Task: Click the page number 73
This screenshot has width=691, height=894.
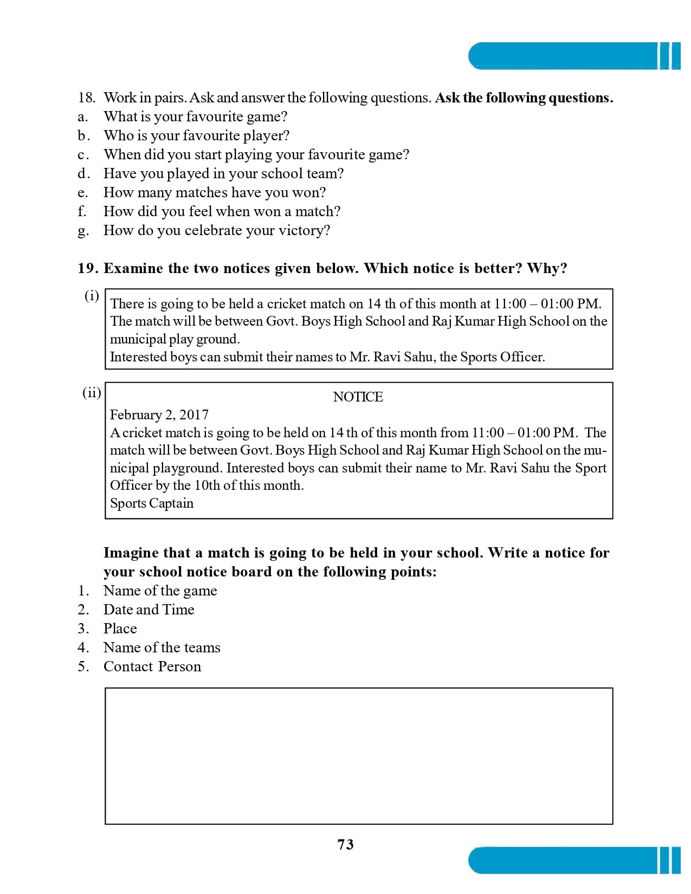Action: (x=345, y=844)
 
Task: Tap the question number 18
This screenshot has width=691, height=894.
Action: (x=86, y=98)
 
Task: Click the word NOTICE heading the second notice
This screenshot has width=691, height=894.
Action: (x=358, y=397)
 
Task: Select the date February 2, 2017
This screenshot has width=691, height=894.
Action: (x=159, y=415)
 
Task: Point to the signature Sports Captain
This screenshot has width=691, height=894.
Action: (x=152, y=503)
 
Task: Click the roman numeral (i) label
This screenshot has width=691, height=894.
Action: (x=92, y=296)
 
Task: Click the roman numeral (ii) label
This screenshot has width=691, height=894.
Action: (x=92, y=392)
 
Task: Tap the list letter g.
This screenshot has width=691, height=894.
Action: (x=82, y=231)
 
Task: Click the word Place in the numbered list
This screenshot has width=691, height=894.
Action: (x=120, y=629)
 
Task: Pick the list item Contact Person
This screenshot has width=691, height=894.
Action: (x=152, y=666)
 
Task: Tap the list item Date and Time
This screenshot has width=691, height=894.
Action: (x=148, y=610)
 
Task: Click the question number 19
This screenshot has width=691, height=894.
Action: (x=87, y=268)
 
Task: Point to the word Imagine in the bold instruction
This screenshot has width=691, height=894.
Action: (x=131, y=553)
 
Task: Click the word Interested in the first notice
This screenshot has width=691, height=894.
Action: (x=138, y=357)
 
